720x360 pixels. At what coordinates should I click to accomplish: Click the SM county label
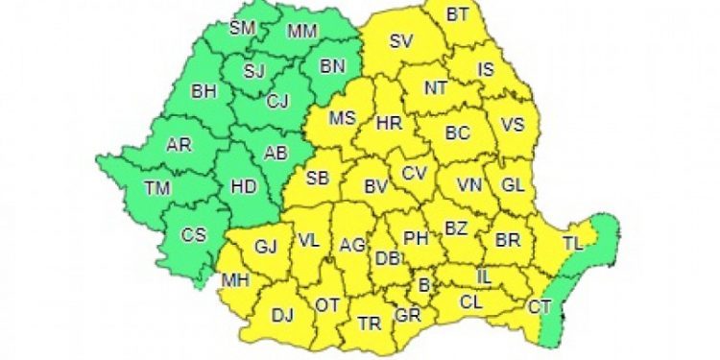point(243,27)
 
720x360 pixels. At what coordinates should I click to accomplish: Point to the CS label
point(195,234)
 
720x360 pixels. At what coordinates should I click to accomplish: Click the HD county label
point(245,187)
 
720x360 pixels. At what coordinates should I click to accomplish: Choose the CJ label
point(278,99)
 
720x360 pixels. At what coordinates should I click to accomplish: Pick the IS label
point(486,69)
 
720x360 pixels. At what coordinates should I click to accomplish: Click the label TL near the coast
point(572,245)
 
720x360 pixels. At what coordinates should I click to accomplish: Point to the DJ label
point(282,315)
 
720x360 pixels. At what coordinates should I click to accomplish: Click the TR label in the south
point(369,324)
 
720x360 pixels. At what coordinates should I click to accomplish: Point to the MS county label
point(343,119)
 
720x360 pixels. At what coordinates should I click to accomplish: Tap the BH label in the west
point(204,92)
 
